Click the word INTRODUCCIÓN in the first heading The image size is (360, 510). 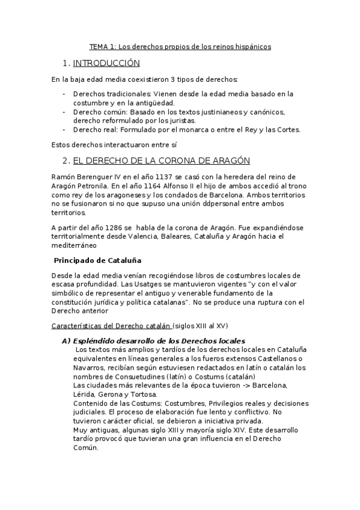105,63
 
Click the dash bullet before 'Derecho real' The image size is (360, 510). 64,129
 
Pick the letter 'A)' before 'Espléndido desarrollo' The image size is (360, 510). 67,340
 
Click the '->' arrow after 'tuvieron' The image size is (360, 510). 246,385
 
